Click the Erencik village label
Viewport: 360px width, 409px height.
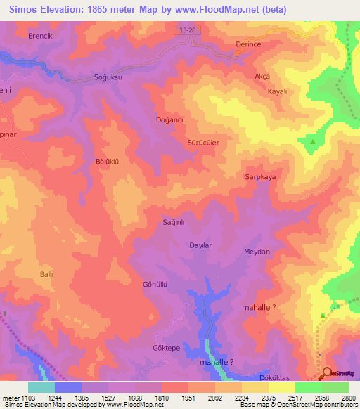click(41, 35)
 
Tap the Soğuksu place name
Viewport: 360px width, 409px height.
click(108, 77)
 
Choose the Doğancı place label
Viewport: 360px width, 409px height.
click(169, 120)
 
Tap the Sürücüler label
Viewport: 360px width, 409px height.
click(203, 142)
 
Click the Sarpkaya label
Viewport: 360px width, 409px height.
click(260, 177)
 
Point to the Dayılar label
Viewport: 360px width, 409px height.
click(201, 245)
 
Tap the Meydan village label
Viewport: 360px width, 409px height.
click(257, 252)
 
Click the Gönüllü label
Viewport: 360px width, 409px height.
click(155, 285)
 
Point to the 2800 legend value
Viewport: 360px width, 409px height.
click(349, 397)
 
